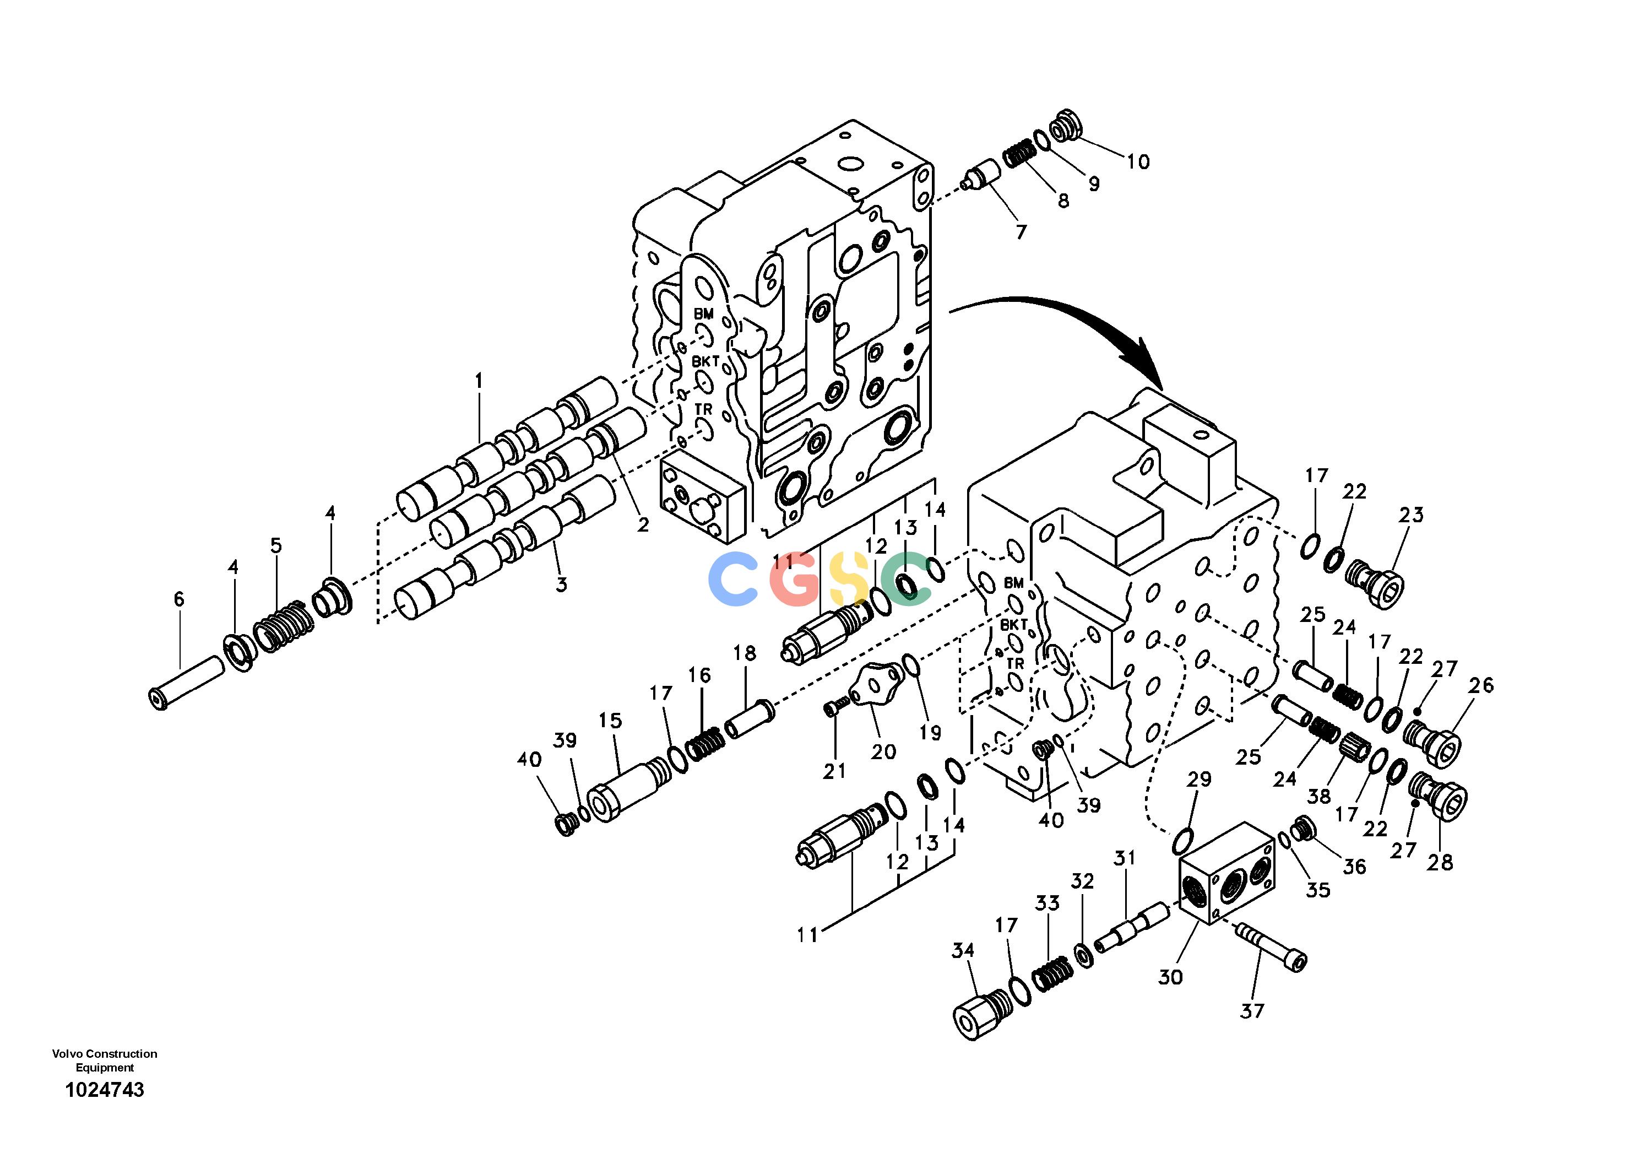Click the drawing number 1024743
105,1090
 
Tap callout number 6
178,600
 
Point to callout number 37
1252,1010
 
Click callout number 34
963,950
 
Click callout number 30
1171,977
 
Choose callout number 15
610,721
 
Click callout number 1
479,381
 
